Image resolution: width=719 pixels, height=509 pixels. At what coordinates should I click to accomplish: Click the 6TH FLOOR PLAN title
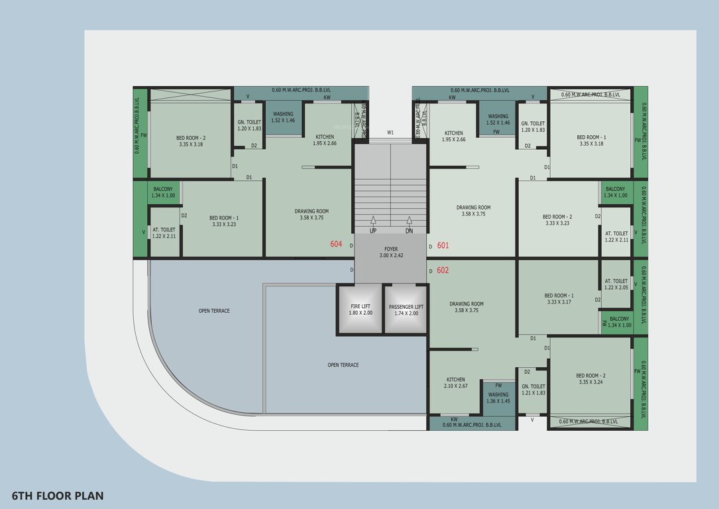(58, 496)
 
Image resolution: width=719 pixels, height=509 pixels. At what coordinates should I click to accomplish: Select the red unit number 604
(336, 245)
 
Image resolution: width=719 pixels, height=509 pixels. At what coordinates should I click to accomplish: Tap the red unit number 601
(443, 246)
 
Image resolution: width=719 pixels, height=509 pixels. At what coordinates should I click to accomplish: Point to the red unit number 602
(443, 270)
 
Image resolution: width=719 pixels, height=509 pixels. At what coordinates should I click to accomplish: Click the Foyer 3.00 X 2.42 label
(391, 253)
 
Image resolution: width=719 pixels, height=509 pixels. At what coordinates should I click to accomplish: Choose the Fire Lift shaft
(360, 310)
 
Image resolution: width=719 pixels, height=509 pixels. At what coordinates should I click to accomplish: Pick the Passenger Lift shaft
(406, 310)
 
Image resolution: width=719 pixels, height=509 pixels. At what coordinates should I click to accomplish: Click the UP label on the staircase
(373, 231)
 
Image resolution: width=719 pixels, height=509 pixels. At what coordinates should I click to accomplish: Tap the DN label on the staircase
(410, 231)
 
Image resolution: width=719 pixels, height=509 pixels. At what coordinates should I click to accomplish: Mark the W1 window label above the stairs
(390, 133)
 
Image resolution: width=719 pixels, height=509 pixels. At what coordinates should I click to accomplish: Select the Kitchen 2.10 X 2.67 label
(455, 382)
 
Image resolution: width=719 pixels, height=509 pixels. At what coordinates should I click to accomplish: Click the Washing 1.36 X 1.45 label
(498, 398)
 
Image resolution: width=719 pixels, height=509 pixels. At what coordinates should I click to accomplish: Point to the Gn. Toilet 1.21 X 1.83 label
(533, 390)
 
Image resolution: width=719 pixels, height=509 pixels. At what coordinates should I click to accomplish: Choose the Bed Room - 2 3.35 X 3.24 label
(591, 379)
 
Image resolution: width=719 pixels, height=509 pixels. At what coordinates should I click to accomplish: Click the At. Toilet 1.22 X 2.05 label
(616, 284)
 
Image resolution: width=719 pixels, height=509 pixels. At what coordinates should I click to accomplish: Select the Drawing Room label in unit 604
(311, 215)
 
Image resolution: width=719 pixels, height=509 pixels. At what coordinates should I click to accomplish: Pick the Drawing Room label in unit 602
(467, 308)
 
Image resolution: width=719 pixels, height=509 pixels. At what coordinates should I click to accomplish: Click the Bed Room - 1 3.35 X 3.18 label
(591, 141)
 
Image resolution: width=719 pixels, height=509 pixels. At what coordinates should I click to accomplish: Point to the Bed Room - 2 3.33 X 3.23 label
(557, 220)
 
